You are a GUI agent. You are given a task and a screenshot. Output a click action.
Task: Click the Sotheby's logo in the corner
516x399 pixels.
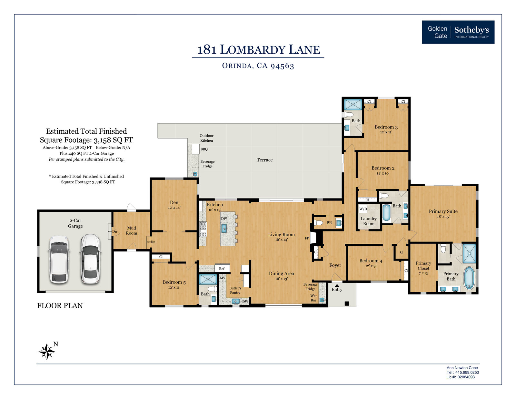pos(458,32)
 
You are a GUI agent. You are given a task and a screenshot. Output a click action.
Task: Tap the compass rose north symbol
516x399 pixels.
pos(47,351)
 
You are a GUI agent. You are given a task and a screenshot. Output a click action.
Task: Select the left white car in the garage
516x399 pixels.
pos(59,260)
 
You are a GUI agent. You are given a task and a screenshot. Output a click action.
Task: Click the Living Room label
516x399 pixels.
pos(282,235)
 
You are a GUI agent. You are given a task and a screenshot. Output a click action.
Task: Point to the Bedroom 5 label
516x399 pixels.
pos(174,282)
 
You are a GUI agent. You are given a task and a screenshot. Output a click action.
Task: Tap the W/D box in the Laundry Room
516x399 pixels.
pos(363,209)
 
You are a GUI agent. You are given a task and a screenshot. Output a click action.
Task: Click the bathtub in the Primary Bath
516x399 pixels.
pos(469,278)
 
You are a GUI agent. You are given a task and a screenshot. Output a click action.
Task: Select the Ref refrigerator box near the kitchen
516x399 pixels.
pos(222,268)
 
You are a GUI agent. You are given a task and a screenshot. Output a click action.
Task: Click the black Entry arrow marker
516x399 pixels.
pos(337,285)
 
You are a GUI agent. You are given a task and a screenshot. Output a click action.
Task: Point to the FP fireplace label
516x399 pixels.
pos(307,238)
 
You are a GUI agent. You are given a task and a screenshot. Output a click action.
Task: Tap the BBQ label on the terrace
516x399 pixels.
pos(204,149)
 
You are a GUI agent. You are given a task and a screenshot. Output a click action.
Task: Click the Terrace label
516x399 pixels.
pos(264,160)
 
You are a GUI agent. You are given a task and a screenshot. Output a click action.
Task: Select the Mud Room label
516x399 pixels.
pos(132,230)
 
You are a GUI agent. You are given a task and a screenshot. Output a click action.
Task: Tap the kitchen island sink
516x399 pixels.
pos(224,228)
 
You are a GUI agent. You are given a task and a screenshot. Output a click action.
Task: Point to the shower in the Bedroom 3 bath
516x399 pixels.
pos(353,105)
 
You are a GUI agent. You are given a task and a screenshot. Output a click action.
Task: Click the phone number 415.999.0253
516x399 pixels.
pos(467,373)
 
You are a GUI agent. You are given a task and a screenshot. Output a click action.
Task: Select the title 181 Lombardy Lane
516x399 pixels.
pos(258,50)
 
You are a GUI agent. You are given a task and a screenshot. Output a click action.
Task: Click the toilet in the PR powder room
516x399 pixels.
pos(318,223)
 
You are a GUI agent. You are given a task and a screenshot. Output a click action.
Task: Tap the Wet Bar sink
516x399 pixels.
pos(322,300)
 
